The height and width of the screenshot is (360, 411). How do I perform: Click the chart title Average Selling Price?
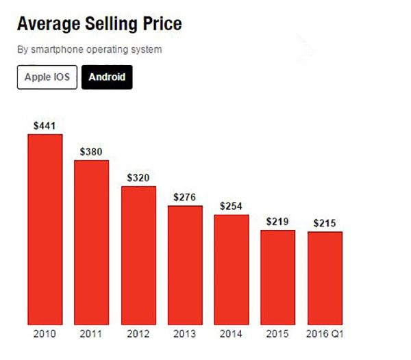pyautogui.click(x=99, y=25)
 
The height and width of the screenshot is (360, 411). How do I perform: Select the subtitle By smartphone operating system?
pyautogui.click(x=89, y=50)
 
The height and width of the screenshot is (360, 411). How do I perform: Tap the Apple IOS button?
pyautogui.click(x=47, y=77)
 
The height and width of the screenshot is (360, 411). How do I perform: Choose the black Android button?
pyautogui.click(x=107, y=77)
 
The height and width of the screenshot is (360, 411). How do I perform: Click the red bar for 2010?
pyautogui.click(x=45, y=229)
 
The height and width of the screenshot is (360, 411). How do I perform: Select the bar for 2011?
pyautogui.click(x=91, y=242)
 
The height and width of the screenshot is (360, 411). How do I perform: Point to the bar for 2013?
pyautogui.click(x=185, y=265)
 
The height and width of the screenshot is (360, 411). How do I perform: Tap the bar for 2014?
pyautogui.click(x=232, y=270)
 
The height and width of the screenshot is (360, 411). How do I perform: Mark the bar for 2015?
pyautogui.click(x=277, y=277)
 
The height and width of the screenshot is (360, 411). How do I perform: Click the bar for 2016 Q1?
pyautogui.click(x=325, y=278)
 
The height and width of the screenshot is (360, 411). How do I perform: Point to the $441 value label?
pyautogui.click(x=45, y=125)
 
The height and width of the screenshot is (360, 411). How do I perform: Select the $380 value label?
pyautogui.click(x=91, y=151)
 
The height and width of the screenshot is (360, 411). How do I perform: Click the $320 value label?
pyautogui.click(x=138, y=177)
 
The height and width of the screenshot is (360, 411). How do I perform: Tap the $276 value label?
pyautogui.click(x=185, y=197)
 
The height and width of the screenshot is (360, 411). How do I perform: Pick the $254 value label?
pyautogui.click(x=232, y=206)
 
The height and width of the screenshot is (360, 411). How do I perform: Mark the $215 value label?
pyautogui.click(x=325, y=223)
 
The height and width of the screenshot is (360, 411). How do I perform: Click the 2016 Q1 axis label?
pyautogui.click(x=325, y=335)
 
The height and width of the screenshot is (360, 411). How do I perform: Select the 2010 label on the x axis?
pyautogui.click(x=45, y=335)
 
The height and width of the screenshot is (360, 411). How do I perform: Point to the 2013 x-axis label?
pyautogui.click(x=185, y=335)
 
